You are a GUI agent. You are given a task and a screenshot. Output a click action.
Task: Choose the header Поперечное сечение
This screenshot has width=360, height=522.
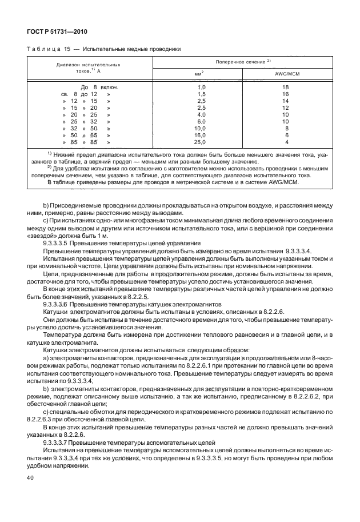coord(242,61)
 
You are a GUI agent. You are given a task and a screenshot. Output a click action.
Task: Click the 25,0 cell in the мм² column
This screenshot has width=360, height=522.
coord(200,142)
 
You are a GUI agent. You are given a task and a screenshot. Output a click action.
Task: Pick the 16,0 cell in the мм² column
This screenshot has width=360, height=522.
coord(200,135)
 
